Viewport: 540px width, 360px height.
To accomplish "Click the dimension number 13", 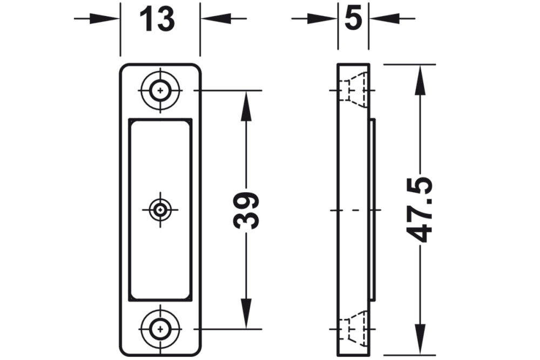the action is click(157, 19).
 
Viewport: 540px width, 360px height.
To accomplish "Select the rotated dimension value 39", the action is click(246, 210).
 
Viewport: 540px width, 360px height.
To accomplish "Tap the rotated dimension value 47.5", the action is click(420, 210).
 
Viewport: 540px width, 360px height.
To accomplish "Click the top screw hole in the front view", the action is click(160, 91).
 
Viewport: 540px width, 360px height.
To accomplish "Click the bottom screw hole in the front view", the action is click(160, 329).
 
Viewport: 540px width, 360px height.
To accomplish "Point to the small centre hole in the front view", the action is click(160, 209).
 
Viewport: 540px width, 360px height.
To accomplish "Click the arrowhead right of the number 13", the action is click(217, 18).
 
